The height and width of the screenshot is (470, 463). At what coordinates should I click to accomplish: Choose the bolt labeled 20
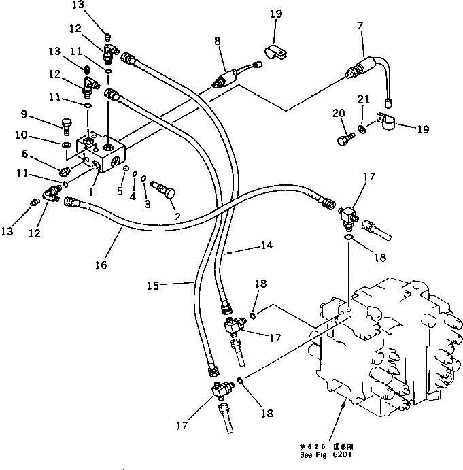coord(343,140)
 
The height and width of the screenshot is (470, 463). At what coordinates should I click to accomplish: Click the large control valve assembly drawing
coord(371,347)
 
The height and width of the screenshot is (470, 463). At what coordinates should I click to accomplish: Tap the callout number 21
coord(363,99)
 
